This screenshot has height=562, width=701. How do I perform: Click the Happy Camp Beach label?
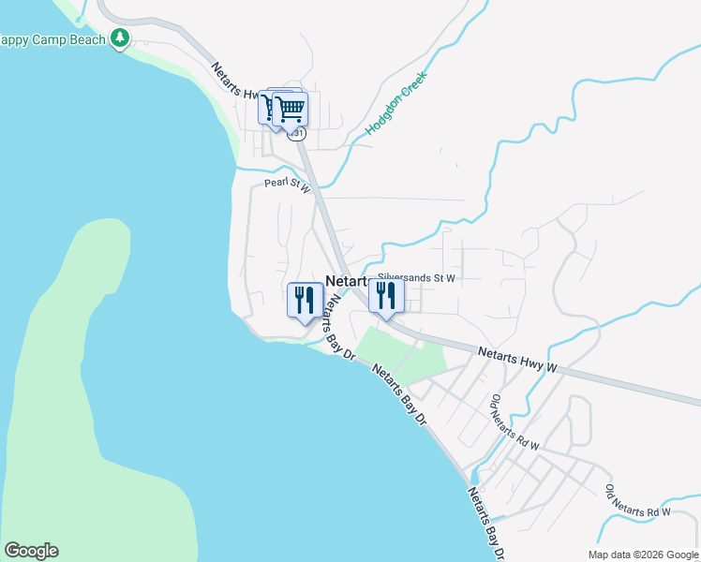point(52,39)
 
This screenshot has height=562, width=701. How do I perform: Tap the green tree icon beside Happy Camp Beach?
point(119,38)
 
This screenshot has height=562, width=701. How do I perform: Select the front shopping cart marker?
point(291,109)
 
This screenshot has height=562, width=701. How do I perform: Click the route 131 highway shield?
point(298,134)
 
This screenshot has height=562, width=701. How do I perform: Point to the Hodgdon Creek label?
point(396,104)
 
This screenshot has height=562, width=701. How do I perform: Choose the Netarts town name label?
point(345,281)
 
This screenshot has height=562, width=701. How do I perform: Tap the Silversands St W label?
point(416,278)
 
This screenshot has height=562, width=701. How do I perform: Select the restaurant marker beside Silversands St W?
point(386,296)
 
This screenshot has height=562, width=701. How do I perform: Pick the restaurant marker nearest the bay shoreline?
point(305,301)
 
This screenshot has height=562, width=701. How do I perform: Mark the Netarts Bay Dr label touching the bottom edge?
point(486,521)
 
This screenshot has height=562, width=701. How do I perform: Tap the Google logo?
point(31,551)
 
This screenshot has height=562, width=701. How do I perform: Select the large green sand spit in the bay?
point(84,375)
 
